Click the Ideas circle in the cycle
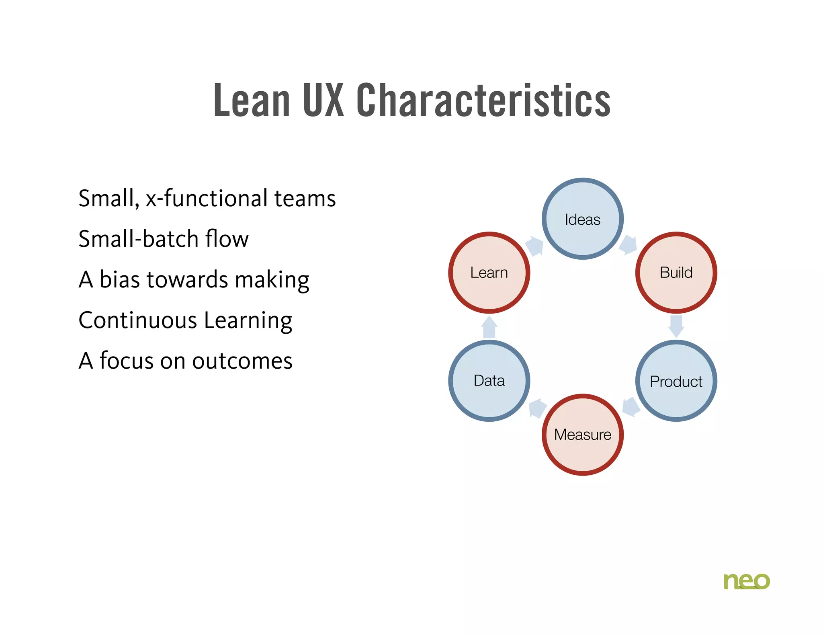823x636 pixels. tap(582, 219)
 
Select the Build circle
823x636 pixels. tap(676, 273)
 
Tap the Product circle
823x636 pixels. tap(676, 381)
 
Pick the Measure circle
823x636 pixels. tap(582, 435)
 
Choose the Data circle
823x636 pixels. tap(489, 381)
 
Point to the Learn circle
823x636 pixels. tap(489, 273)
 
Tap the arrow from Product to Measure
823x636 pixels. tap(631, 407)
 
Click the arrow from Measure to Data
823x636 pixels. tap(537, 408)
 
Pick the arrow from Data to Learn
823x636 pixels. tap(489, 326)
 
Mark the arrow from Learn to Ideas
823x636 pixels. tap(535, 246)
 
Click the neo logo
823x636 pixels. tap(746, 581)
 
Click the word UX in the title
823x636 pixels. tap(323, 100)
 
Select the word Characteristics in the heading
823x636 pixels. tap(483, 100)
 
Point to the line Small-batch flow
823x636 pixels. tap(164, 239)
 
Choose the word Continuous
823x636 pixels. tap(138, 320)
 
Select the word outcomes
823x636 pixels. tap(242, 361)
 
